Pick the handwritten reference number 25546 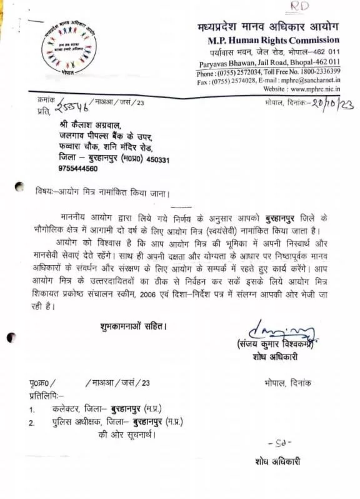point(74,108)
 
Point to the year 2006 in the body point(166,295)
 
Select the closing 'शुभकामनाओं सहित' point(133,326)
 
